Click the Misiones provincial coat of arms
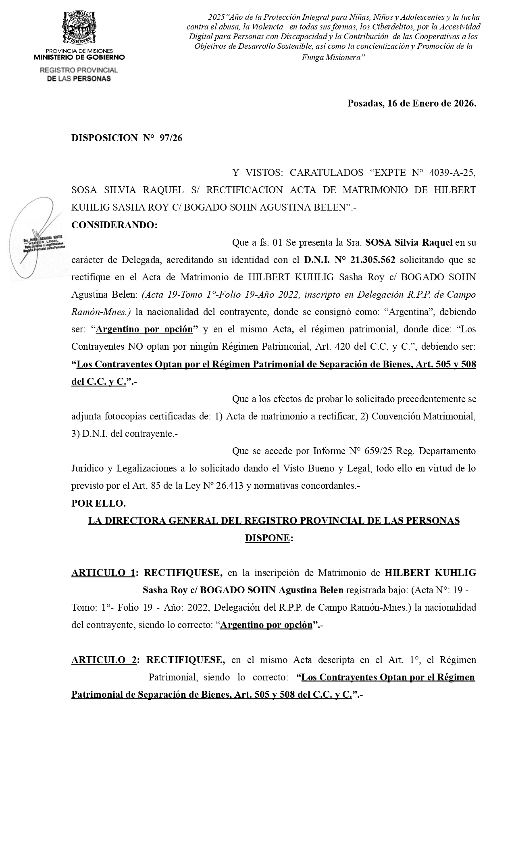click(79, 27)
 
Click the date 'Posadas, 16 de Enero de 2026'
click(412, 103)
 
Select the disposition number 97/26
click(171, 138)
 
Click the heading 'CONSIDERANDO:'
click(114, 225)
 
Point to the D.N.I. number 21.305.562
click(373, 260)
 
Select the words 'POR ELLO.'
click(98, 503)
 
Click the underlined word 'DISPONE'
click(267, 538)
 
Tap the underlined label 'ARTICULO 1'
click(103, 573)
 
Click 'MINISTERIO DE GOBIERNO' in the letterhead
click(79, 57)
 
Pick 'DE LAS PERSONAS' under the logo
click(79, 79)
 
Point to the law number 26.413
click(228, 486)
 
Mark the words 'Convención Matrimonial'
click(423, 416)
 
